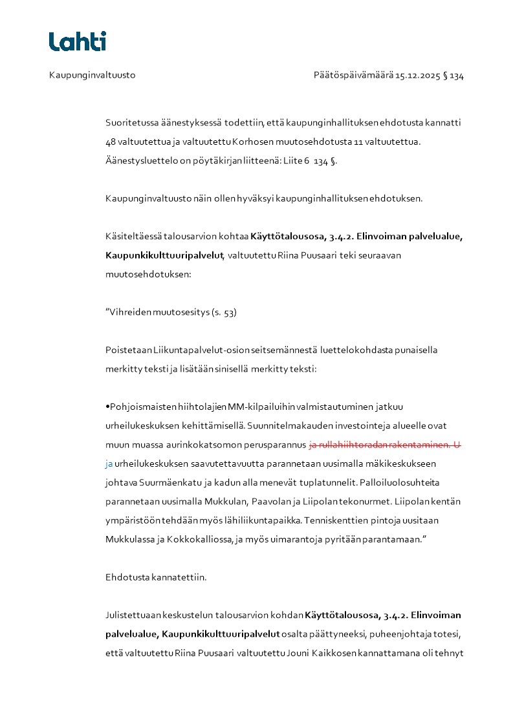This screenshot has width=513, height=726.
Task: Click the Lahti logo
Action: [78, 41]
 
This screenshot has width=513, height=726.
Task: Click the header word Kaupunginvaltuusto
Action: [92, 76]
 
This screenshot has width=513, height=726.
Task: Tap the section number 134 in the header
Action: [457, 76]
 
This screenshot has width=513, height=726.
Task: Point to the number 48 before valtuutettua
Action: [111, 141]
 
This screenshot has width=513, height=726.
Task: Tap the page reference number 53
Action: [230, 313]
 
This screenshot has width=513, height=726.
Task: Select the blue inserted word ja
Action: [109, 464]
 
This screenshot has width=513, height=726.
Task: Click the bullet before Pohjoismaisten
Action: [107, 407]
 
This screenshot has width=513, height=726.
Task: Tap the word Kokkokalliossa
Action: [187, 539]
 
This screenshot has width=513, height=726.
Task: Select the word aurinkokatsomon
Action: [193, 445]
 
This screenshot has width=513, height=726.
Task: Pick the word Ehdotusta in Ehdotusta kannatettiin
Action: [127, 577]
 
